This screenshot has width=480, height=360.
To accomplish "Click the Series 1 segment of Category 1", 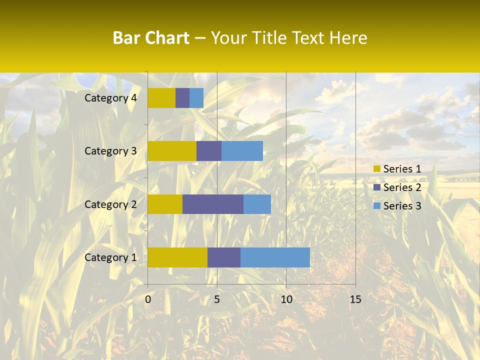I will pyautogui.click(x=177, y=257).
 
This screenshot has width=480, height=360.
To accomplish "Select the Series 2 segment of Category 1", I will pyautogui.click(x=224, y=257).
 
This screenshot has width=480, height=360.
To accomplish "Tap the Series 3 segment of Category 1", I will pyautogui.click(x=275, y=257).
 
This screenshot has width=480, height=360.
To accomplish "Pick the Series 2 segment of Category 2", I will pyautogui.click(x=213, y=204).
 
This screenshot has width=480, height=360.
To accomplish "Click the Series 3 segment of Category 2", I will pyautogui.click(x=257, y=204).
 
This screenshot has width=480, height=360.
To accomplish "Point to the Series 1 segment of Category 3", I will pyautogui.click(x=172, y=151).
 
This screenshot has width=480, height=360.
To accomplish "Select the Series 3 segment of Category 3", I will pyautogui.click(x=242, y=151).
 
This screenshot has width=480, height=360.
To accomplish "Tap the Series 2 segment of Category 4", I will pyautogui.click(x=182, y=98).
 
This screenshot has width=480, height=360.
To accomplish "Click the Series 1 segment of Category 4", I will pyautogui.click(x=161, y=98).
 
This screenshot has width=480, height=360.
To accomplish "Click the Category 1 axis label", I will pyautogui.click(x=110, y=257).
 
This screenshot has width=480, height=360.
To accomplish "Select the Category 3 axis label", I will pyautogui.click(x=110, y=151).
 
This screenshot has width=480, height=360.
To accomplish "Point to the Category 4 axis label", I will pyautogui.click(x=110, y=98).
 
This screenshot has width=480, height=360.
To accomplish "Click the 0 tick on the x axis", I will pyautogui.click(x=148, y=299).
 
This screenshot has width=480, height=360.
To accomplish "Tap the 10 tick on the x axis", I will pyautogui.click(x=286, y=299).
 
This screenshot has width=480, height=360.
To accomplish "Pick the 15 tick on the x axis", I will pyautogui.click(x=355, y=299).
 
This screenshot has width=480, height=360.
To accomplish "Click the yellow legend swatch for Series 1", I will pyautogui.click(x=376, y=169).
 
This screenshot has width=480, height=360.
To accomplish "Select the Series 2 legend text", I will pyautogui.click(x=402, y=187).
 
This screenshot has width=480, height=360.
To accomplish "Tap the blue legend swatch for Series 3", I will pyautogui.click(x=376, y=206).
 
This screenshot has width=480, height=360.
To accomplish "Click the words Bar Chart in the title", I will pyautogui.click(x=151, y=37).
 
